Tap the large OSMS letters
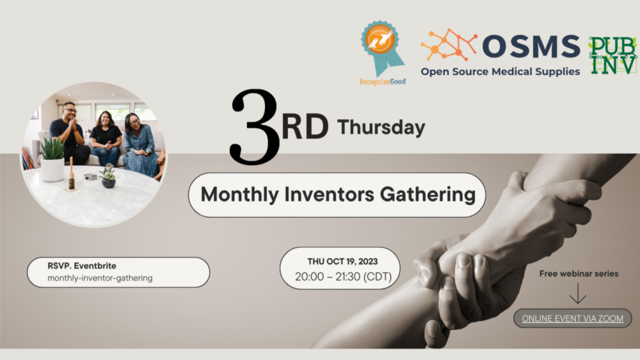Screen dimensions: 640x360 point(531,46)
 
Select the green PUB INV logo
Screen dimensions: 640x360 point(612,56)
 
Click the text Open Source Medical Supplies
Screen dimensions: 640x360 point(501,72)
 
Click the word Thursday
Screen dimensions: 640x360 point(381,127)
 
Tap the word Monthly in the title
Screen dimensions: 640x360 point(240,195)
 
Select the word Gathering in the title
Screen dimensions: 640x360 point(427,195)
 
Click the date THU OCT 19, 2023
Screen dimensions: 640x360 point(342,262)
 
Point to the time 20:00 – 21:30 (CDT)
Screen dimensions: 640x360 point(343,277)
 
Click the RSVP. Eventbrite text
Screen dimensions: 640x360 point(82,266)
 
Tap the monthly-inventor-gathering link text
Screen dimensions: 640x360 point(100,278)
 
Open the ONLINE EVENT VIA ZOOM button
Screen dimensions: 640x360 point(572,318)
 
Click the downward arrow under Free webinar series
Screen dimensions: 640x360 point(578,293)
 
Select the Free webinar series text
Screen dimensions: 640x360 point(579,274)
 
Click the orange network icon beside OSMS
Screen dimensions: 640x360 point(449,44)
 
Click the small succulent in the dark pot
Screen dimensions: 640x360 point(108,176)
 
